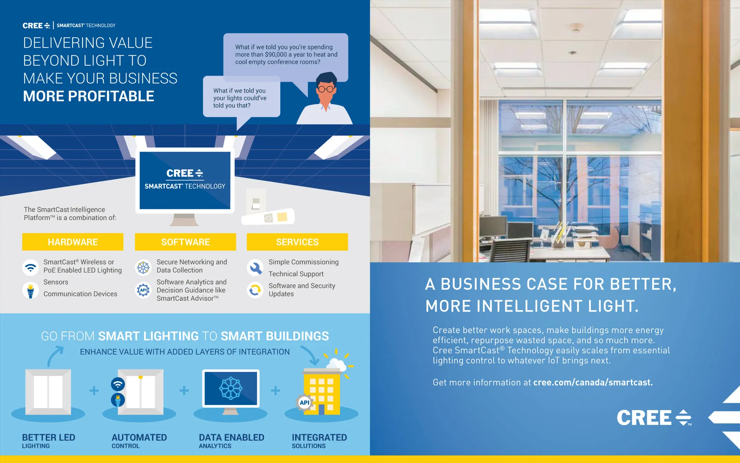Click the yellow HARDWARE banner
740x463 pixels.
coord(72,242)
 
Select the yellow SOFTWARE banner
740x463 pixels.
coord(185,242)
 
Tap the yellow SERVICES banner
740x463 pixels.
coord(297,242)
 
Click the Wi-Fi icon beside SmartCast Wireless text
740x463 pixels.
coord(30,267)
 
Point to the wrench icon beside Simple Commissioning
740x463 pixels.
coord(255,267)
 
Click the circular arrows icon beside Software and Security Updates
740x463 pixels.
coord(255,290)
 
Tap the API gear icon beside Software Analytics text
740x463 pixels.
coord(143,290)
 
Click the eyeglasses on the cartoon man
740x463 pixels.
coord(326,89)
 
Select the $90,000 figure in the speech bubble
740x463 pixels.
coord(276,55)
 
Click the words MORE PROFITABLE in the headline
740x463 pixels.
coord(89,96)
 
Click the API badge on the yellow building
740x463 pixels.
coord(304,402)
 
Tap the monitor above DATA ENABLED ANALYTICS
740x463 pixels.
coord(231,389)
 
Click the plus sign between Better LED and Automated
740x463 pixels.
coord(94,390)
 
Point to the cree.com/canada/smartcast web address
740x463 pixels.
coord(593,382)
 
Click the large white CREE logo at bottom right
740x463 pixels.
coord(654,418)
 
